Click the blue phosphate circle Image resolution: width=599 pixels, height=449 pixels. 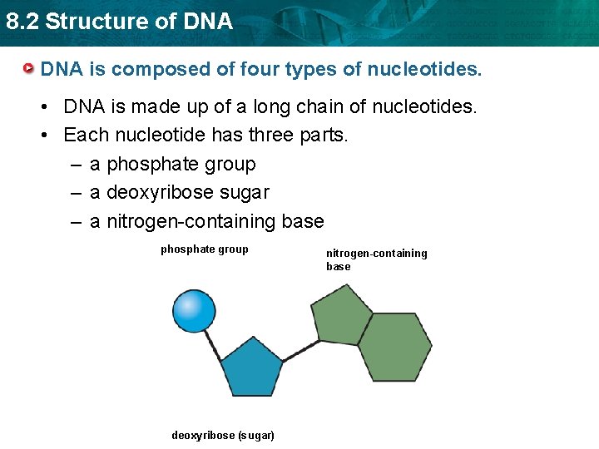(194, 310)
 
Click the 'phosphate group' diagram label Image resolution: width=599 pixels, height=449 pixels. (204, 249)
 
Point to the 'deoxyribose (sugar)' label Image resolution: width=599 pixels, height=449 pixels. (223, 436)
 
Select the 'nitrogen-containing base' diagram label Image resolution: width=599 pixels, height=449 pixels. (376, 259)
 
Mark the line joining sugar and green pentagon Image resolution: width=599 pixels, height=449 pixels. (295, 353)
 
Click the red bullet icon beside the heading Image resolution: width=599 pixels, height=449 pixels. (29, 68)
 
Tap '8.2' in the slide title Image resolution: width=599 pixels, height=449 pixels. (22, 22)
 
